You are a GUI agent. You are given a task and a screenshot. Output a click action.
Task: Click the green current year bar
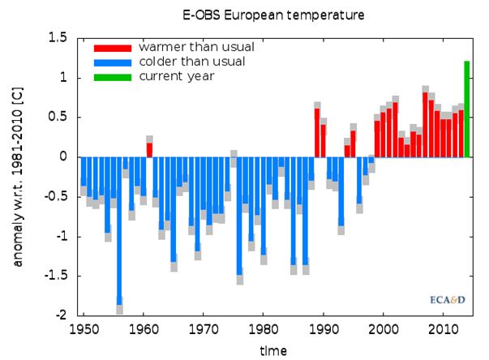pos(467,109)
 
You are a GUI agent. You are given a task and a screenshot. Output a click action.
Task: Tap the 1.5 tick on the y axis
pos(56,38)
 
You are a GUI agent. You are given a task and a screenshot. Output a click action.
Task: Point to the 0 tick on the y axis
pos(62,156)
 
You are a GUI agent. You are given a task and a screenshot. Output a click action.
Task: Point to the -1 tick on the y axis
pos(60,236)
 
